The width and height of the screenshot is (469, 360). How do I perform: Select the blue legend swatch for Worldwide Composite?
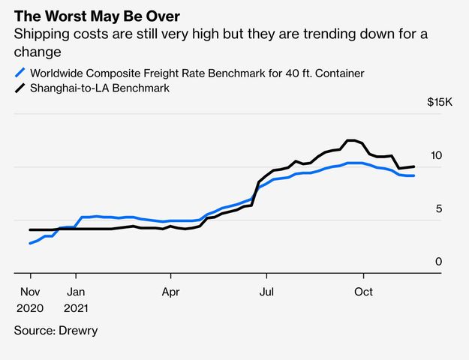point(20,73)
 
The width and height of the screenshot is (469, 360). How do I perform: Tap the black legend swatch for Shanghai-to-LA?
point(20,88)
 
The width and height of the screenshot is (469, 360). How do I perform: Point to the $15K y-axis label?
point(439,102)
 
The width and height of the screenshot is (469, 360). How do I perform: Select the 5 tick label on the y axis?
point(439,208)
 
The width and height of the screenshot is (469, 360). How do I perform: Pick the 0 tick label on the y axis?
point(439,262)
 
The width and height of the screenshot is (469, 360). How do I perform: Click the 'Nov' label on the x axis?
point(30,291)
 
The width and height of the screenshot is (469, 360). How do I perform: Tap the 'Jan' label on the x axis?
point(76,291)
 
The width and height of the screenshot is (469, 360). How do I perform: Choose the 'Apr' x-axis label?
point(171,291)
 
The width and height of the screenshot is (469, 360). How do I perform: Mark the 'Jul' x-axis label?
point(266,291)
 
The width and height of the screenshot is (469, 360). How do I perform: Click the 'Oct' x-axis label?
point(363,291)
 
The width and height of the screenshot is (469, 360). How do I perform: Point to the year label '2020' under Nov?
point(30,308)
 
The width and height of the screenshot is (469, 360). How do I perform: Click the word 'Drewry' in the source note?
point(78,330)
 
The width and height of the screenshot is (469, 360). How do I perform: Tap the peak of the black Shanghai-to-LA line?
point(350,140)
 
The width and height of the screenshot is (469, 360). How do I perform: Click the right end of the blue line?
point(414,175)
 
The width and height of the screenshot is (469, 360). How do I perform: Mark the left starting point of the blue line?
point(30,243)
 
